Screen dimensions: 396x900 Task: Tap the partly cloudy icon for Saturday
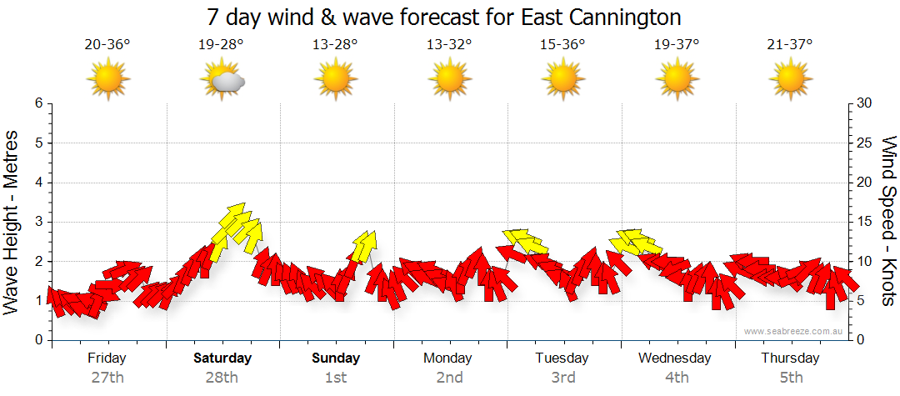222,79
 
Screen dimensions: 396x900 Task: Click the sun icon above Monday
449,79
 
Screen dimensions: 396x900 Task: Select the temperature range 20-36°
107,44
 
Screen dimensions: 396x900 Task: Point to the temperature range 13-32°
449,44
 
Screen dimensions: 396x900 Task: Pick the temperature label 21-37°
789,44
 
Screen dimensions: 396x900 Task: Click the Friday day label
107,358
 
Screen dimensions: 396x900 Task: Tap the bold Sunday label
336,358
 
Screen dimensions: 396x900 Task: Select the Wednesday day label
675,358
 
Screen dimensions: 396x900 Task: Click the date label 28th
222,378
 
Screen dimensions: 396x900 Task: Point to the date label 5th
789,378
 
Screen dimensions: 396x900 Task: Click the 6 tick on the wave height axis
37,103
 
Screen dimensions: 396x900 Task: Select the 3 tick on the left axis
37,222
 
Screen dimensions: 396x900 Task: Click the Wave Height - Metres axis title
13,222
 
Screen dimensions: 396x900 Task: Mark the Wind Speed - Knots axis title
888,222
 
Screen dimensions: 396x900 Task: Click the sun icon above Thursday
789,79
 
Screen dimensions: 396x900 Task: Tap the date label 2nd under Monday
449,378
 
